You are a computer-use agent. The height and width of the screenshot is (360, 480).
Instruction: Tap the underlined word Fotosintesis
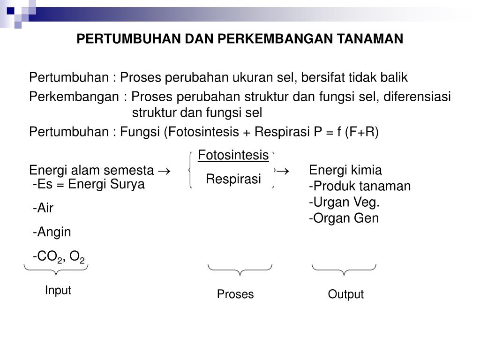coord(233,155)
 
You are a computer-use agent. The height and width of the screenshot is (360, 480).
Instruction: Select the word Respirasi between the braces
coord(233,179)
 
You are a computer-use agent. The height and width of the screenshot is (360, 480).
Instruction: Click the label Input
coord(58,290)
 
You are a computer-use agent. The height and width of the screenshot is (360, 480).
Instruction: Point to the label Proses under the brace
coord(235,294)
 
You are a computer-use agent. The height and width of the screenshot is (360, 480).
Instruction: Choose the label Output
coord(345,294)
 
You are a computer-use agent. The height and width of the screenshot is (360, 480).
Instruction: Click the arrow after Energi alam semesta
coord(164,170)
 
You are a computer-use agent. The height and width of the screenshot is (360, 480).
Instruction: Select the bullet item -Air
coord(44,209)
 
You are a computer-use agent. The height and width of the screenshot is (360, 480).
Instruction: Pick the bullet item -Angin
coord(52,232)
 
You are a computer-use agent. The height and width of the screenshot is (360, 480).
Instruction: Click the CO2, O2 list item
coord(59,257)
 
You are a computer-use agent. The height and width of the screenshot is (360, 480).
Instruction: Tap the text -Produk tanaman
coord(360,186)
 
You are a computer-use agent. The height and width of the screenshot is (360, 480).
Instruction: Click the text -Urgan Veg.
coord(344,202)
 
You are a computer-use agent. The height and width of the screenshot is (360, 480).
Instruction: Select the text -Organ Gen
coord(344,218)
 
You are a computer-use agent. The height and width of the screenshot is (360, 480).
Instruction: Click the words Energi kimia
coord(345,170)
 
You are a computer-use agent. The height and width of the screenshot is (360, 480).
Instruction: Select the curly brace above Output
coord(344,269)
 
